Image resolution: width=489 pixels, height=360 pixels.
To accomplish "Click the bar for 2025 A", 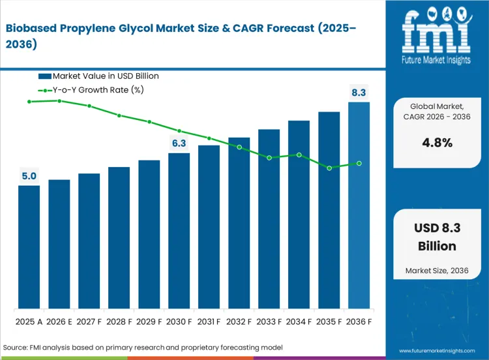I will [29, 247].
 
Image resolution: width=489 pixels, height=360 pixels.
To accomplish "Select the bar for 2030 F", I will [179, 231].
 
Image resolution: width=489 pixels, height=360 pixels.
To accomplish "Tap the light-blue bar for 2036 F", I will [359, 205].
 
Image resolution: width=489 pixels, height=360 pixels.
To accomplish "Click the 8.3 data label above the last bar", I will [359, 93].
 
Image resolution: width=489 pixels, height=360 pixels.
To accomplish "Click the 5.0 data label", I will [29, 176].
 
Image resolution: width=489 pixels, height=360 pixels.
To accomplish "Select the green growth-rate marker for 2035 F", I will [329, 168].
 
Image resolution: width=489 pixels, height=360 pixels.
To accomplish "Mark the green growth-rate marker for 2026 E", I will [59, 101].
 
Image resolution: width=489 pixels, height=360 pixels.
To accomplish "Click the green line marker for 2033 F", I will [269, 158].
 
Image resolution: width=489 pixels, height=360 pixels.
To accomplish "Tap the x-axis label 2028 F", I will [119, 322].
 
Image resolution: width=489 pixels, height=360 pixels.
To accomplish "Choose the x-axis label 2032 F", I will [239, 322].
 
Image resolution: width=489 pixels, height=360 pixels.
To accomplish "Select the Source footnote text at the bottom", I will [143, 348].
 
